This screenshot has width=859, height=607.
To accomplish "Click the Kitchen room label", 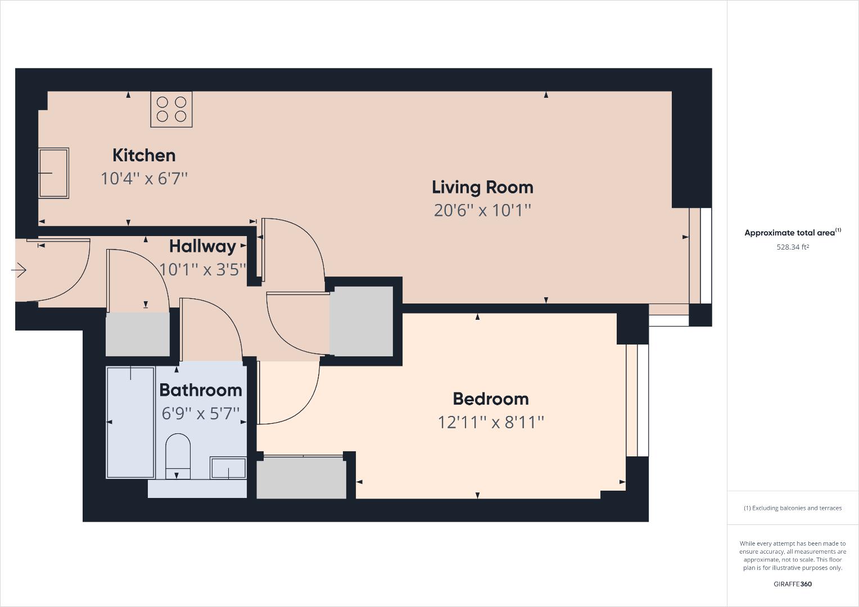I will [144, 155].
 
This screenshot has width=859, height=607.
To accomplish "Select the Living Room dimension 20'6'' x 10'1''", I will [482, 210].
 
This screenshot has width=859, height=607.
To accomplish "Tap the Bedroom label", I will [490, 398].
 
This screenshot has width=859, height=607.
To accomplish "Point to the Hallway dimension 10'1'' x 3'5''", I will [202, 270].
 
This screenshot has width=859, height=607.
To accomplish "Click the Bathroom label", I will [201, 389].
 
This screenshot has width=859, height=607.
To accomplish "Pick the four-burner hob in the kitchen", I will [171, 109].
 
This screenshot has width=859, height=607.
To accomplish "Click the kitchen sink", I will [53, 173].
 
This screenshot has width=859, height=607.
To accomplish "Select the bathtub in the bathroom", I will [130, 422].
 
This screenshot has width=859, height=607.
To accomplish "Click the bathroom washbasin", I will [228, 468].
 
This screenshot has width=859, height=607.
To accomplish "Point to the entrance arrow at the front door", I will [19, 270].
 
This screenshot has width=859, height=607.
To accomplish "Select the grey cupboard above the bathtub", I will [138, 334].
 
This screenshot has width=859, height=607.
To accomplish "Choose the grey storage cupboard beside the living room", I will [361, 321].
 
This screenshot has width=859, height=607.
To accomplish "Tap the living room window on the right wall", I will [700, 256].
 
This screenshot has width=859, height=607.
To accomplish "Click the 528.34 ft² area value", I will [793, 247].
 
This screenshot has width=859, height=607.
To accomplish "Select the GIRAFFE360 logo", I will [793, 584].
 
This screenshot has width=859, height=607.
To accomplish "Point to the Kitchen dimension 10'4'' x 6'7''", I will [144, 179].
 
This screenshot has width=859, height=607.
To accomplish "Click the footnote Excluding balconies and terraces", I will [793, 508].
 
